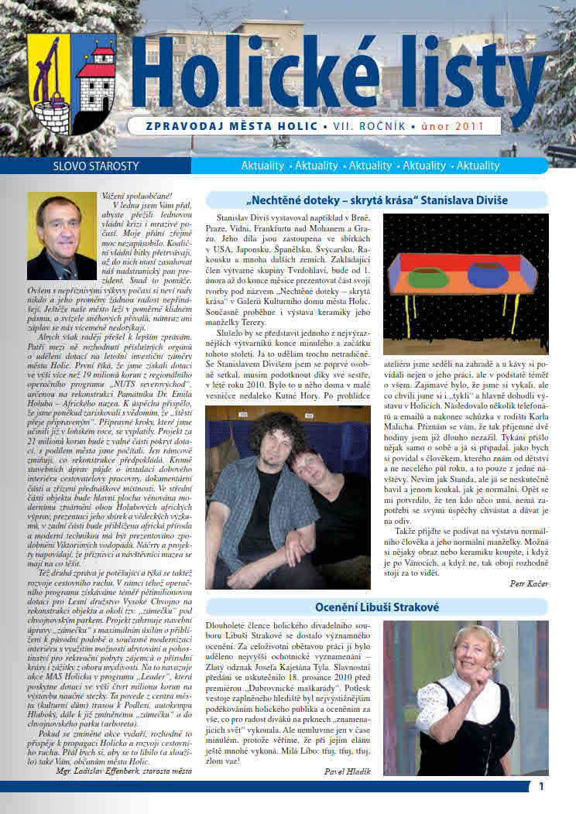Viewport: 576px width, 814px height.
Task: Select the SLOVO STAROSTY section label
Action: point(84,166)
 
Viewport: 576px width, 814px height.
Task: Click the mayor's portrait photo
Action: point(61,236)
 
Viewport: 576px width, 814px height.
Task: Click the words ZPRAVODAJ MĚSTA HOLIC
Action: point(233,126)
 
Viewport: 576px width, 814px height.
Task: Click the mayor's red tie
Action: point(65,265)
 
